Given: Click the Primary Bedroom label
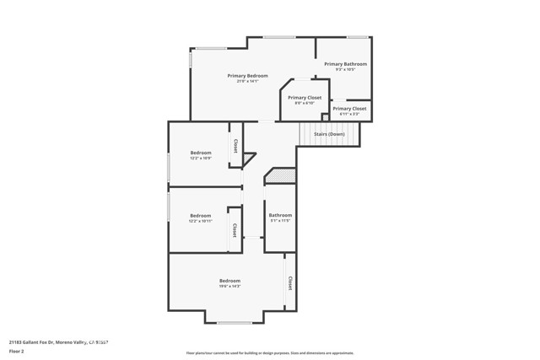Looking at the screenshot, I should click(242, 76).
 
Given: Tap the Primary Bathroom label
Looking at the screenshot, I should click(345, 64).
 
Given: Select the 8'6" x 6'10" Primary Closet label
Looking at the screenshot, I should click(305, 98).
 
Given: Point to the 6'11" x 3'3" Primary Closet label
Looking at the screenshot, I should click(349, 109).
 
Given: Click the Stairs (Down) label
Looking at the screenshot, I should click(330, 134).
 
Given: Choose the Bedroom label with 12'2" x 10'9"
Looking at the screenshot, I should click(200, 153).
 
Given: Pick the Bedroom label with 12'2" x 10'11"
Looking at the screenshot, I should click(200, 215).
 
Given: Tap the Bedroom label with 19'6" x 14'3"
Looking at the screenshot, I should click(229, 281).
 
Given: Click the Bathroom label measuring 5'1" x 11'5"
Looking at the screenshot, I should click(280, 215).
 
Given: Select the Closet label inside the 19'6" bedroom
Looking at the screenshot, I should click(290, 283).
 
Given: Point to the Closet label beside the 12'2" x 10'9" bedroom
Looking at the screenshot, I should click(235, 145).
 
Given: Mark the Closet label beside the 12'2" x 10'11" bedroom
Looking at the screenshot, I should click(235, 229).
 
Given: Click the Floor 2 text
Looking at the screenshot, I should click(17, 351).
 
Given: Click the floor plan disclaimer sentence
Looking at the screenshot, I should click(270, 353).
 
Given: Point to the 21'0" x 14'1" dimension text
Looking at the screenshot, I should click(242, 81).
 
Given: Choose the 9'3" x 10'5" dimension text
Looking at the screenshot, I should click(345, 69).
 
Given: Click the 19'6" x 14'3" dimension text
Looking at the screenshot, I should click(229, 287).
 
